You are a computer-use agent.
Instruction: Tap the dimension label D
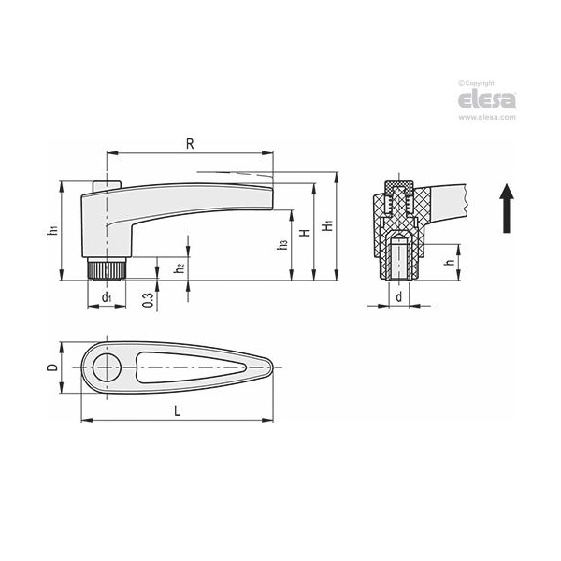(x=52, y=367)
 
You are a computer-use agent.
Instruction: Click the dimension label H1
(x=325, y=227)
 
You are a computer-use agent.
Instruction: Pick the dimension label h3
(x=281, y=245)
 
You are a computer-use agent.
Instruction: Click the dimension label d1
(x=107, y=297)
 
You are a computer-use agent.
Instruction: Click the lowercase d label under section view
(x=399, y=296)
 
